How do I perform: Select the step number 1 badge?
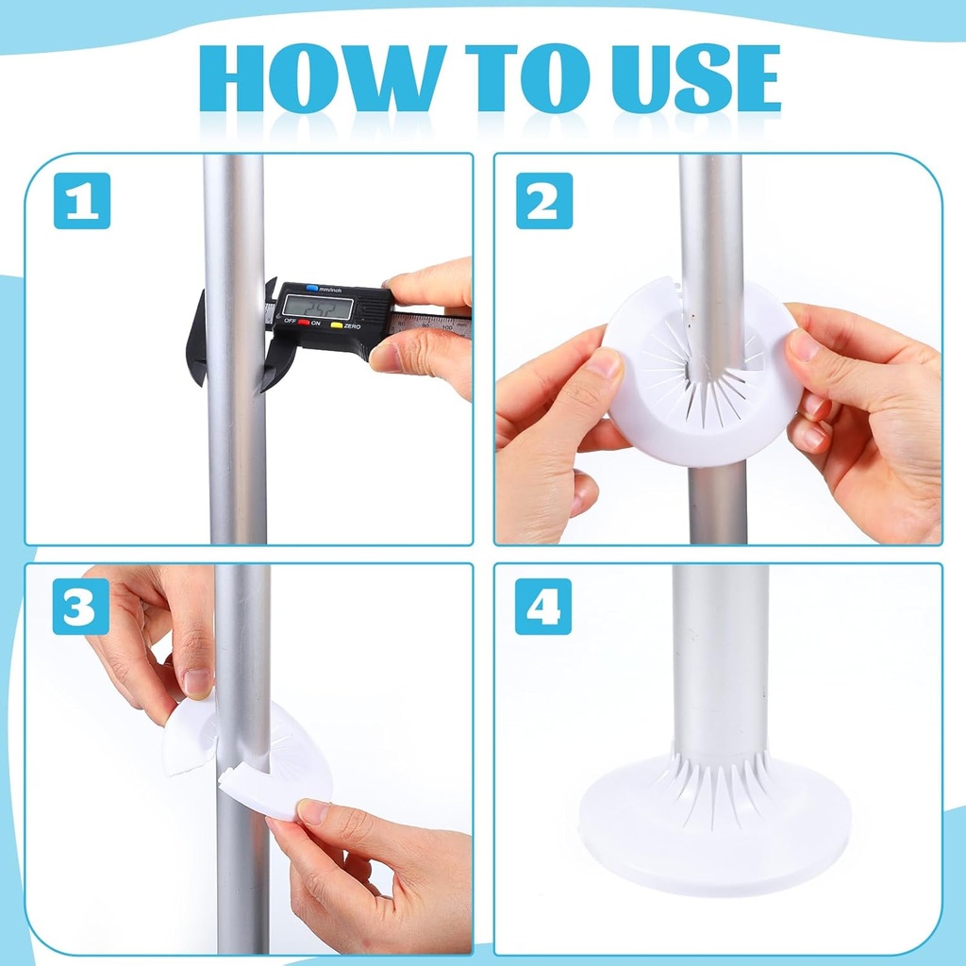82,201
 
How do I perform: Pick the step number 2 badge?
544,201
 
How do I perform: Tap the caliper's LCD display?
318,308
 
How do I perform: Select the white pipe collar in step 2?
698,415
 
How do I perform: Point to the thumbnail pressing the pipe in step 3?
198,682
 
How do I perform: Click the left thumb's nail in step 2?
605,364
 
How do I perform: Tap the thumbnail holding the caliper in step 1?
386,356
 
